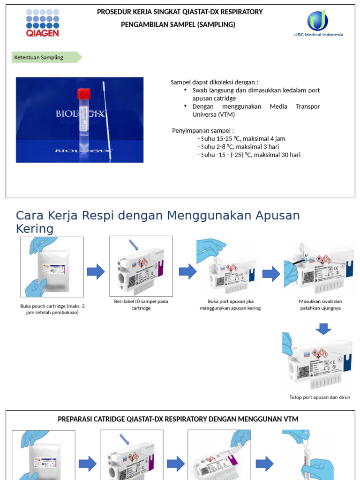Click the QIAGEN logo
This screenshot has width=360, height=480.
point(43,22)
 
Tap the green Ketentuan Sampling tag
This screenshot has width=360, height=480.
point(46,58)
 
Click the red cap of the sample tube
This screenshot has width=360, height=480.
point(83,93)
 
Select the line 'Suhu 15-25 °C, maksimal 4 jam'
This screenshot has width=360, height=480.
point(242,139)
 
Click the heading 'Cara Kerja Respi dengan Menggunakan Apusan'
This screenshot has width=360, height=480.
point(157,216)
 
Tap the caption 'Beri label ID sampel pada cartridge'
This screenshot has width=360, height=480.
point(141,305)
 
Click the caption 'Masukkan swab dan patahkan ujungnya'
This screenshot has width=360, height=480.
point(320,305)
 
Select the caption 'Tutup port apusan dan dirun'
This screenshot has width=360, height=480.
point(320,397)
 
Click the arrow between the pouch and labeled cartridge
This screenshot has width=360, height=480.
point(96,272)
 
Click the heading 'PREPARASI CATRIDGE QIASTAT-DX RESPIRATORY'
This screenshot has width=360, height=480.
point(178,419)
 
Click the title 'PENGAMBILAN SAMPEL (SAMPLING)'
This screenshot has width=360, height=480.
point(178,24)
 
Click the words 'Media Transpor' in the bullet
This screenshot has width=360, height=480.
point(294,106)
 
